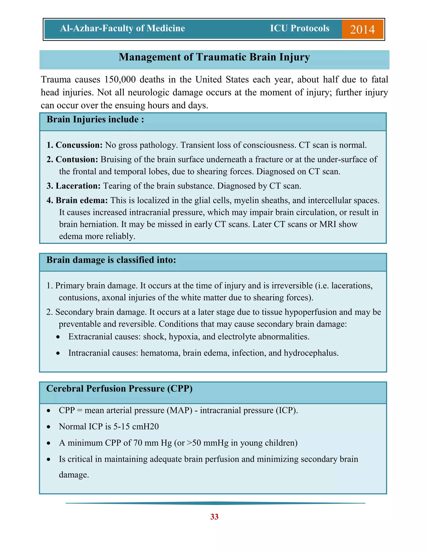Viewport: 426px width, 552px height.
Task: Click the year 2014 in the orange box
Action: click(362, 30)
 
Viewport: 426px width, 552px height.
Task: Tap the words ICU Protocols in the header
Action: click(300, 28)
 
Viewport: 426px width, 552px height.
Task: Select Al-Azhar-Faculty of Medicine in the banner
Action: click(122, 28)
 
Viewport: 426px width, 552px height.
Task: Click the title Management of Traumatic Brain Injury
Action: click(214, 57)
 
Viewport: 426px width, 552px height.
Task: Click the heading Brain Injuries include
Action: click(95, 120)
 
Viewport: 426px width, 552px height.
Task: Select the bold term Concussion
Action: click(79, 145)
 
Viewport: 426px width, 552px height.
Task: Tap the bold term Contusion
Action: click(77, 160)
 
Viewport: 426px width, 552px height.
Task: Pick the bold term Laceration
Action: click(78, 186)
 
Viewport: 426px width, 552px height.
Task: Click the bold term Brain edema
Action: click(81, 200)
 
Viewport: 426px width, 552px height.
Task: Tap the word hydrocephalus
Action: click(311, 353)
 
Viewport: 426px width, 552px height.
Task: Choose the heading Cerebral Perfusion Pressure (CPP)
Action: click(119, 389)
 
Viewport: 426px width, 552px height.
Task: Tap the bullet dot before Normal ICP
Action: click(49, 427)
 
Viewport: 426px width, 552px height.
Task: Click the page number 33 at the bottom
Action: click(214, 517)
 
